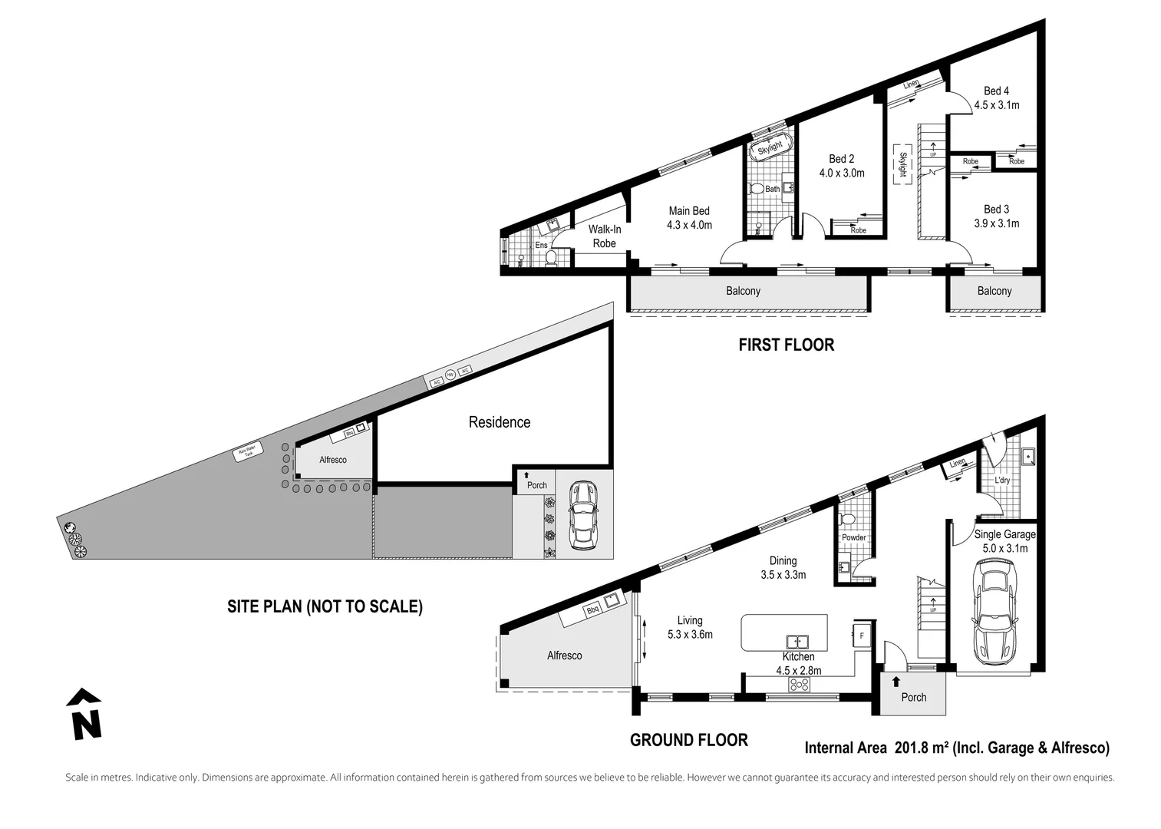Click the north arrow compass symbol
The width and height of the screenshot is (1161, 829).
[x=85, y=715]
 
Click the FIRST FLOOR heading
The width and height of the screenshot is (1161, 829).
[x=786, y=345]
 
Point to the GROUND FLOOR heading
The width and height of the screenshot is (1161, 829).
[x=688, y=740]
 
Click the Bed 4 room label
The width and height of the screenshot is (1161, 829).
[x=996, y=91]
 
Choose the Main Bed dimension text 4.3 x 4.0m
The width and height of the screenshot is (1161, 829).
[x=689, y=225]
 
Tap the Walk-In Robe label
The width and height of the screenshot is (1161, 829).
[x=604, y=236]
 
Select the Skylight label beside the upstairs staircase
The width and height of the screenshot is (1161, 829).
[x=902, y=164]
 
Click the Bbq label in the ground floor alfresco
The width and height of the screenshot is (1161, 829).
[x=592, y=611]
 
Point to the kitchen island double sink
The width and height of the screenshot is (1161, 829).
[x=797, y=640]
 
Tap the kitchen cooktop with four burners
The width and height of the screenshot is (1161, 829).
[x=799, y=685]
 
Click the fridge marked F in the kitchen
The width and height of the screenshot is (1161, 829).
[x=861, y=636]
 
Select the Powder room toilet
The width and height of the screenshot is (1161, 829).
[x=848, y=520]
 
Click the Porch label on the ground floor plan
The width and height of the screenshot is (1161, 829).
[x=913, y=697]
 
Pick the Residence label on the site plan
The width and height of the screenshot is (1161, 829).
[x=499, y=422]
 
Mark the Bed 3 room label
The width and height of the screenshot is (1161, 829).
[x=996, y=209]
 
